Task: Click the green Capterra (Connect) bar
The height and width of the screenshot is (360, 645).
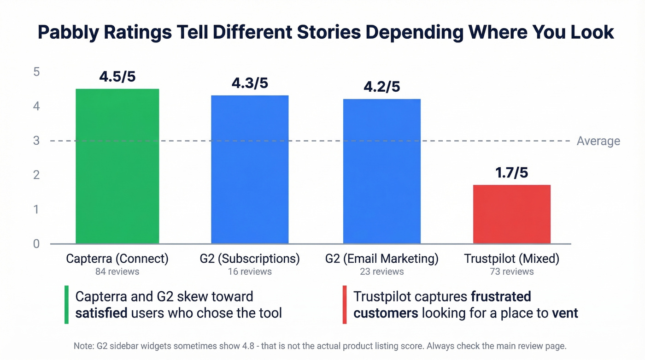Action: [x=117, y=166]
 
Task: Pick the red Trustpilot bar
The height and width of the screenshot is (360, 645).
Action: [x=511, y=214]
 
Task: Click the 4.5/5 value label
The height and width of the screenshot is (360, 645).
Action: [x=117, y=77]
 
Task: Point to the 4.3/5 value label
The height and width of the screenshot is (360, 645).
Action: [x=250, y=83]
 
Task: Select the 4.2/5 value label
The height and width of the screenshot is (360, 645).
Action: [x=381, y=87]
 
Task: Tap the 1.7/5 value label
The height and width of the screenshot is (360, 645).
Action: [x=511, y=173]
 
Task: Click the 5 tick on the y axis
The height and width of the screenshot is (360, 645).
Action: [x=36, y=72]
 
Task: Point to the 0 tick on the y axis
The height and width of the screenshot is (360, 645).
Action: [x=36, y=244]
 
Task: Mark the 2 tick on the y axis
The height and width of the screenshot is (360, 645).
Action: [x=36, y=175]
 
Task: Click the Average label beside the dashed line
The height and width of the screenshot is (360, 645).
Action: [x=598, y=141]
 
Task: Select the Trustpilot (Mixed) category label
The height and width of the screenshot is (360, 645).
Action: [x=511, y=259]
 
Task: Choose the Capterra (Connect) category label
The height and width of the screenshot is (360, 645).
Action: [x=117, y=259]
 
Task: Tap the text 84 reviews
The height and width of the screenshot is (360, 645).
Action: [x=117, y=271]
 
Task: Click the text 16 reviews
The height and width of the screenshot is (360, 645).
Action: [x=250, y=271]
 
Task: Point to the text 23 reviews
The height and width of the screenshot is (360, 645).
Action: [x=381, y=271]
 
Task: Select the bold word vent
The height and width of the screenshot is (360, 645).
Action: [x=565, y=313]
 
